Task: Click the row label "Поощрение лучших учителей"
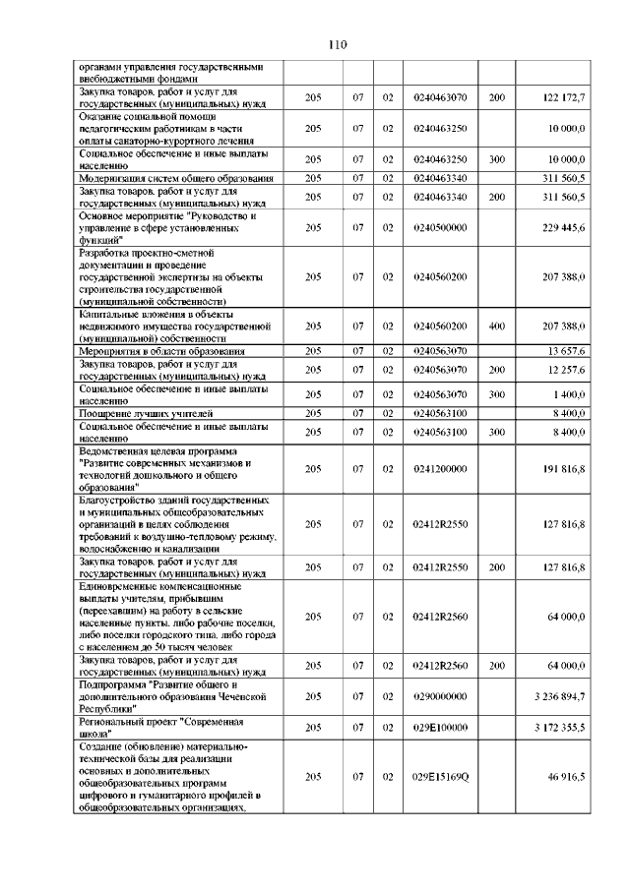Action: click(147, 413)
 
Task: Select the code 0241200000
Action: click(440, 470)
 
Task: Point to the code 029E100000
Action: click(440, 728)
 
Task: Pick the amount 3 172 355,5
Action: click(558, 728)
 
